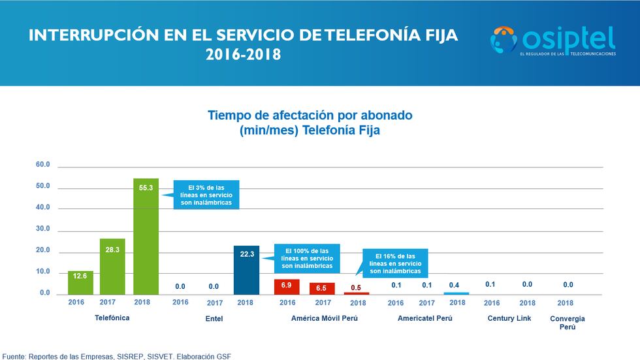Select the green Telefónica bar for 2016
pyautogui.click(x=80, y=282)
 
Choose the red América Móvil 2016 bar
pyautogui.click(x=287, y=286)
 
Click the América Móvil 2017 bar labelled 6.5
pyautogui.click(x=322, y=287)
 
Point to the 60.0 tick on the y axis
pyautogui.click(x=43, y=165)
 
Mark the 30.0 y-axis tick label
pyautogui.click(x=43, y=229)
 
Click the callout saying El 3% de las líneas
pyautogui.click(x=206, y=195)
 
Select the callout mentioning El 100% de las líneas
pyautogui.click(x=306, y=258)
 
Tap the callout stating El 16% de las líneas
pyautogui.click(x=394, y=263)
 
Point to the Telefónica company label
pyautogui.click(x=112, y=318)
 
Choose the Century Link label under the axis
pyautogui.click(x=509, y=318)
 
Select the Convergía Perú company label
pyautogui.click(x=568, y=322)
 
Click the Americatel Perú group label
pyautogui.click(x=425, y=318)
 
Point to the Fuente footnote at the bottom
pyautogui.click(x=116, y=355)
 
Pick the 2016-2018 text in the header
pyautogui.click(x=243, y=55)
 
